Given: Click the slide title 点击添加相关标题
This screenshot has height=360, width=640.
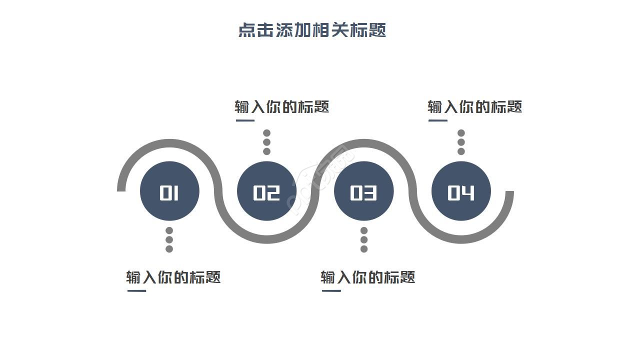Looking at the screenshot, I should pos(312,30).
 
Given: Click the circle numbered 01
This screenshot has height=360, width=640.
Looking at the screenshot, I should pos(169,191).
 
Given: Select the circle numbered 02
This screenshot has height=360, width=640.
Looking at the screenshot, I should pos(266,191).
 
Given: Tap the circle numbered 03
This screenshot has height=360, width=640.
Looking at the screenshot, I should pos(363,191).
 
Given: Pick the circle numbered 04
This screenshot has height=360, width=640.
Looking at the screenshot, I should pos(461,191).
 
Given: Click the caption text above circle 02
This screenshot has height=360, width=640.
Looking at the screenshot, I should pos(282,106).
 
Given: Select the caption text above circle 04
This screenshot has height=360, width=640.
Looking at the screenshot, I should pos(474,106).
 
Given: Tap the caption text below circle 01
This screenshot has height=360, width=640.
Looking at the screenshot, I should pos(173,277).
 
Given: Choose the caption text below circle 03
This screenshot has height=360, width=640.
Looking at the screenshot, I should pos(367,277).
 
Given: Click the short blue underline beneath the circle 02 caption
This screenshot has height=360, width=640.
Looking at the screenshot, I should pos(245,120).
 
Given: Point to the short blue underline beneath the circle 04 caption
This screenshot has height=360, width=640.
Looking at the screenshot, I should pos(438,120).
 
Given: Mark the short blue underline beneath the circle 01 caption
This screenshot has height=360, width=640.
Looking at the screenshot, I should pos(136,290).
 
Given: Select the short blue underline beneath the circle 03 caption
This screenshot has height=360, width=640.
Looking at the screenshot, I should pos(331,290).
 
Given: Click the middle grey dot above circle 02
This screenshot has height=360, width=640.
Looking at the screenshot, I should pos(267,142).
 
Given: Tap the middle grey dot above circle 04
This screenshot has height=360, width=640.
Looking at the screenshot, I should pos(461,142).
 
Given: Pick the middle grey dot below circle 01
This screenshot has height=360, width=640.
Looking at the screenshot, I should pos(169,240).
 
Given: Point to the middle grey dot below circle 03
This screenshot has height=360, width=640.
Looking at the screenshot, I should pos(364,240).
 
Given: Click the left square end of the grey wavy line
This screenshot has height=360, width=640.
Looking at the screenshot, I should pos(121,188).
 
